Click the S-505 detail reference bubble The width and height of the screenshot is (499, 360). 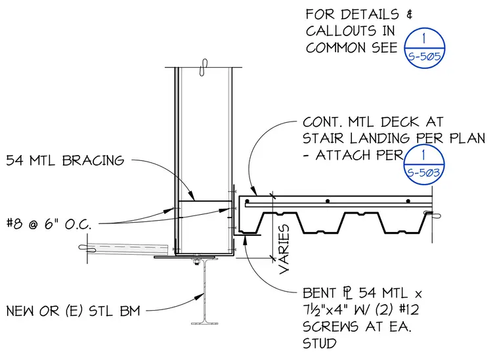[424, 48]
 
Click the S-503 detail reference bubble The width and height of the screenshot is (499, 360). [423, 165]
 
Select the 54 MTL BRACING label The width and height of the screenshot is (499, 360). [65, 160]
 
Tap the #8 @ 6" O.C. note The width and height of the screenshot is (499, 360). [49, 224]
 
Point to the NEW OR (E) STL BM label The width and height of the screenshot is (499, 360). [73, 311]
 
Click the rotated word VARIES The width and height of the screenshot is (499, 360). [284, 249]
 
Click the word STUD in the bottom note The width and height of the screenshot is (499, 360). [320, 344]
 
